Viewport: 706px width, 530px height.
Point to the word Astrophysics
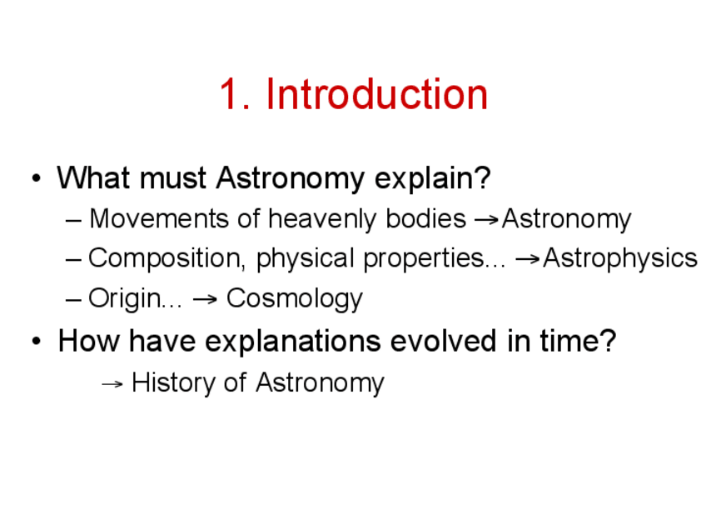point(620,259)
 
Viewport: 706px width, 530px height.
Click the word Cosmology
point(295,299)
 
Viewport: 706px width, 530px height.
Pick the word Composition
point(167,258)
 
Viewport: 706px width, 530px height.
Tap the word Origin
point(124,299)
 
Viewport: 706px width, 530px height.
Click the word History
point(173,383)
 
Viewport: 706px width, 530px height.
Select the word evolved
point(444,341)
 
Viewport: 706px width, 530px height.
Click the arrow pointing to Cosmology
point(205,299)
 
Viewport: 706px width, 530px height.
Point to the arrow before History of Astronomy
point(112,384)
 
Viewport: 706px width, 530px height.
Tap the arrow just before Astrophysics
point(528,259)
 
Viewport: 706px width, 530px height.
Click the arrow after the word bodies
point(487,219)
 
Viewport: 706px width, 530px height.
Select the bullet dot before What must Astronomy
point(37,178)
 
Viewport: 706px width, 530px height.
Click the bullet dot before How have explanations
point(37,341)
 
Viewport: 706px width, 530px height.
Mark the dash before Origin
point(73,300)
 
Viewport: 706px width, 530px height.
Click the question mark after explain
point(482,177)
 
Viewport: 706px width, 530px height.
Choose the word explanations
point(293,342)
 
